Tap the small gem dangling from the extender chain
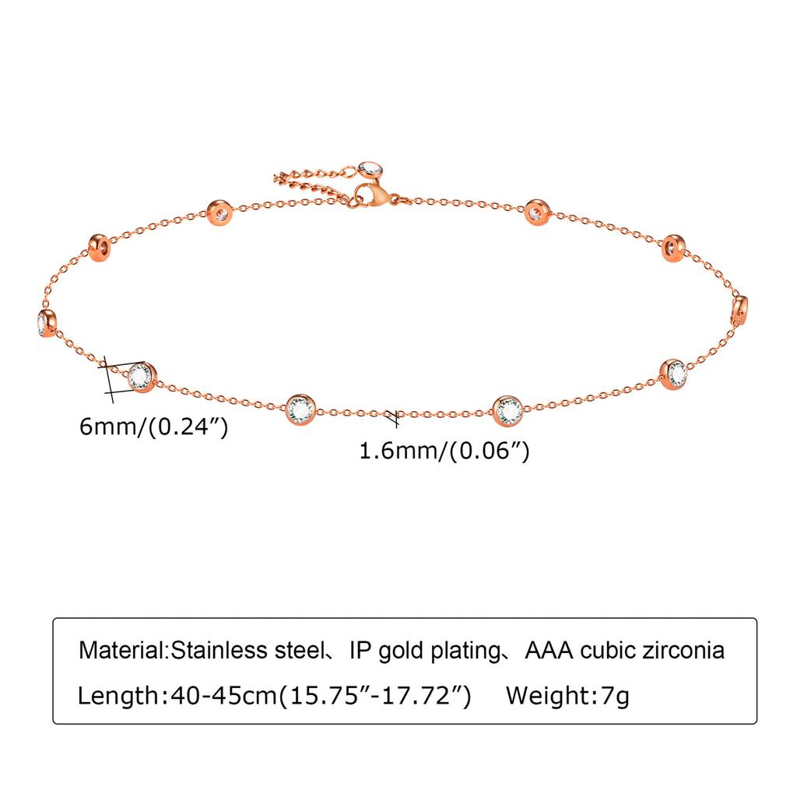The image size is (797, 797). pyautogui.click(x=370, y=169)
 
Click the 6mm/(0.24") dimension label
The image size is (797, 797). pyautogui.click(x=154, y=427)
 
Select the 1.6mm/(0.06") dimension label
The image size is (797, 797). pyautogui.click(x=444, y=451)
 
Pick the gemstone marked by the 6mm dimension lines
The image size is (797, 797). pyautogui.click(x=141, y=377)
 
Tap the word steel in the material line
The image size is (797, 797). pyautogui.click(x=300, y=650)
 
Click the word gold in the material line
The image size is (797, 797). pyautogui.click(x=402, y=651)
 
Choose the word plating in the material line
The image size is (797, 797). pyautogui.click(x=467, y=651)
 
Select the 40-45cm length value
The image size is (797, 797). pyautogui.click(x=223, y=695)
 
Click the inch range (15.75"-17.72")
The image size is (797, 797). pyautogui.click(x=375, y=695)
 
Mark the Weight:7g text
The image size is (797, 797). pyautogui.click(x=567, y=696)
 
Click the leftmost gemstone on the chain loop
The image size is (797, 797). pyautogui.click(x=47, y=323)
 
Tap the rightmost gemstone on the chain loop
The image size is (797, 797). pyautogui.click(x=740, y=310)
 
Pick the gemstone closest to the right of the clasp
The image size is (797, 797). pyautogui.click(x=537, y=212)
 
